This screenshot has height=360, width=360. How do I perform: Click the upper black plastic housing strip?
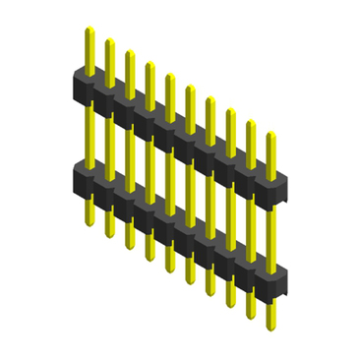coord(177,128)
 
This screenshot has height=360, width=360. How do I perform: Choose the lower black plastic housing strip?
coord(177,218)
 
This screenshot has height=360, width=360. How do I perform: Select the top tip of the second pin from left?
coord(109,40)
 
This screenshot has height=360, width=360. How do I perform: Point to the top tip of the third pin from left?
coord(129,52)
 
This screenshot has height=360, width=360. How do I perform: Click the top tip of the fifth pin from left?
coord(169,76)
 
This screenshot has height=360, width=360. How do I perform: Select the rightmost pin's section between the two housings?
coord(270,231)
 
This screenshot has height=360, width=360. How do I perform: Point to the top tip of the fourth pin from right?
coord(210,98)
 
